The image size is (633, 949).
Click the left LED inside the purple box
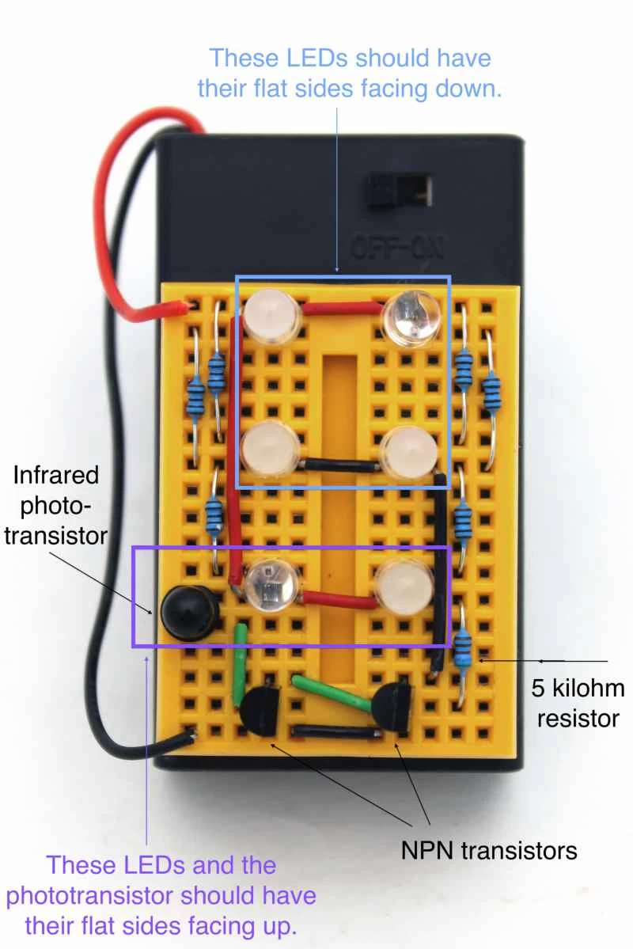click(x=267, y=584)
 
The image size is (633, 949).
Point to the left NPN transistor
click(x=260, y=707)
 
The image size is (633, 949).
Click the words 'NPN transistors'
click(x=489, y=851)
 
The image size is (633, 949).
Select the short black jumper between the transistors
click(x=332, y=732)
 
